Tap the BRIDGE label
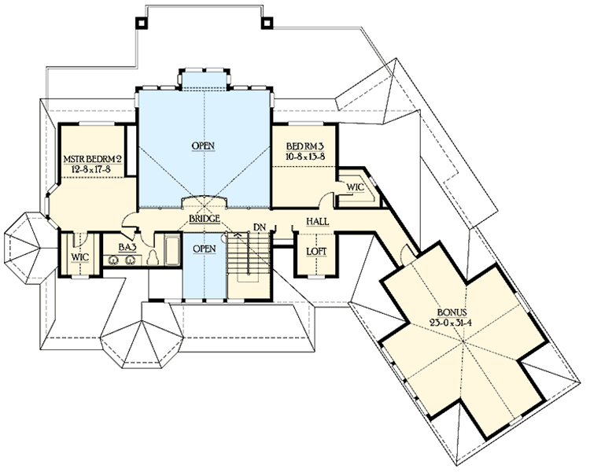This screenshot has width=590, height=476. coord(204,218)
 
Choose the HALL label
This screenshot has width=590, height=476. coord(318,223)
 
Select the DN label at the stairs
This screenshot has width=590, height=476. coord(258,228)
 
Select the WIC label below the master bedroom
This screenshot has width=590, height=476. coord(79,257)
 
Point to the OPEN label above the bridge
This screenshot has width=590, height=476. coord(204,146)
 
